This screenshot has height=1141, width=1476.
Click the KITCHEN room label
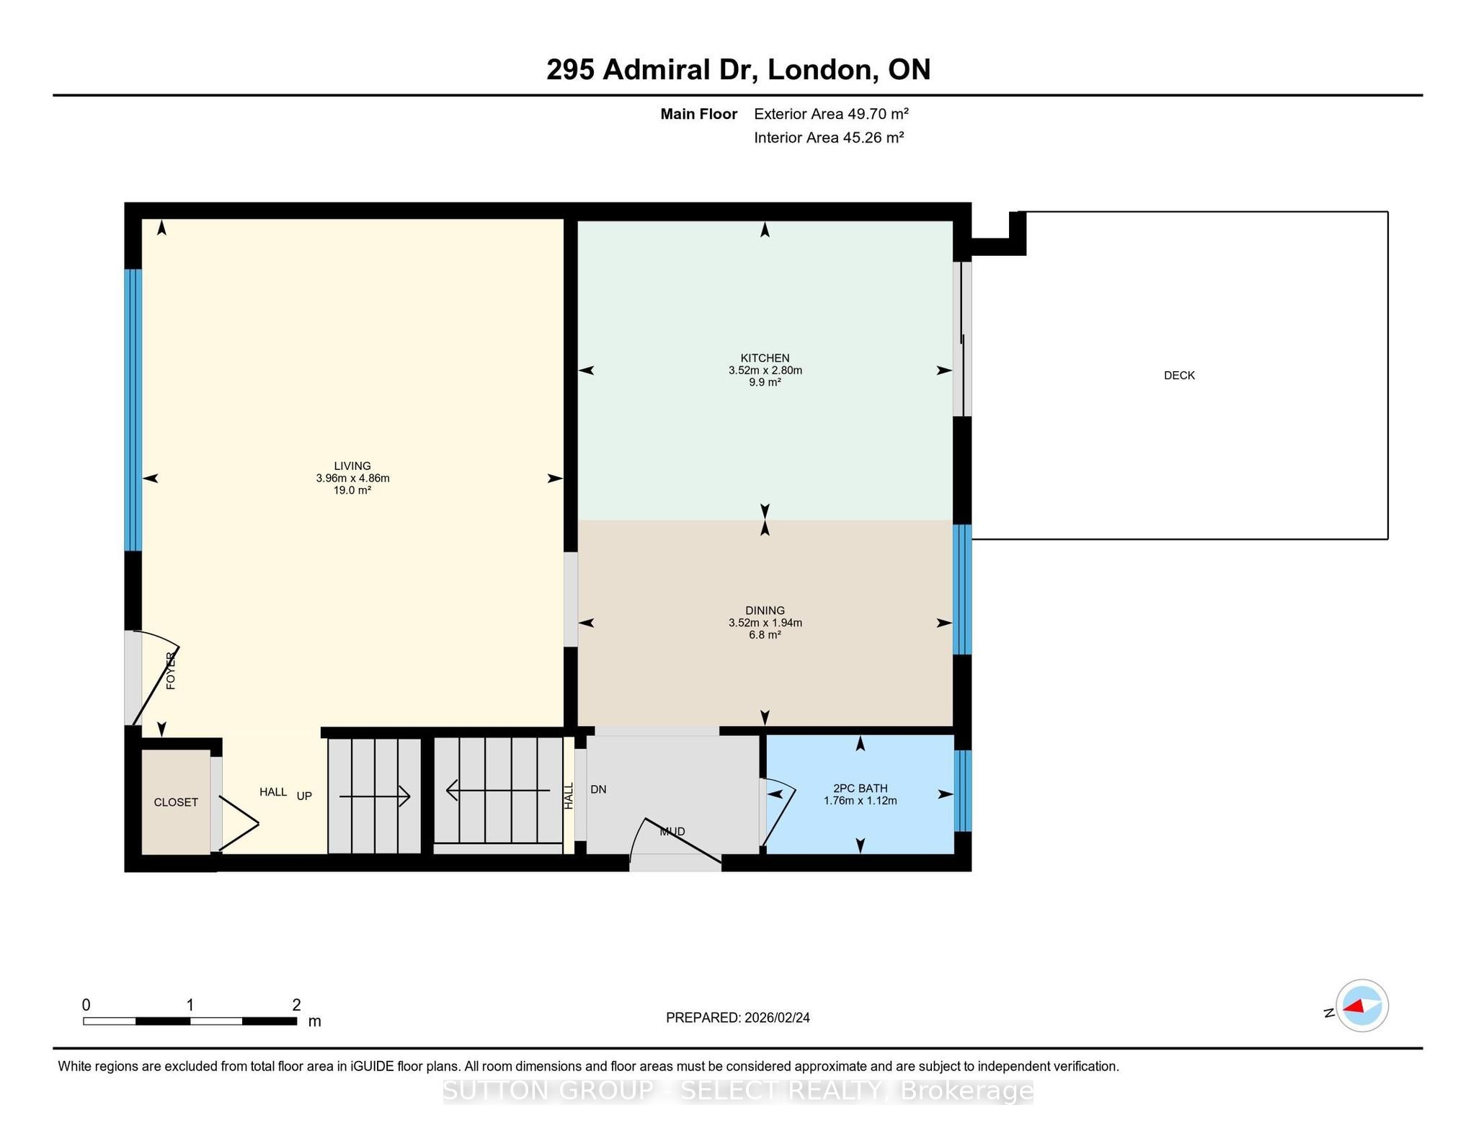pos(765,358)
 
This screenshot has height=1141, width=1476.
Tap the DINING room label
pos(765,611)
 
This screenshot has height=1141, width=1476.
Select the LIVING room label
pos(352,466)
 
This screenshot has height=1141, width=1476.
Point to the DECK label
pos(1179,376)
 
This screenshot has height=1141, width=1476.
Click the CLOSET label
pos(176,802)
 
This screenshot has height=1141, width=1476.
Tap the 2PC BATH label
pos(860,789)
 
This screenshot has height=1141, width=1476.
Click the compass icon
pos(1362,1006)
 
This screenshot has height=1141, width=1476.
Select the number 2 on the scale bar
pos(296,1005)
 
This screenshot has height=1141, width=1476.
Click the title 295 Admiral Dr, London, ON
pos(738,70)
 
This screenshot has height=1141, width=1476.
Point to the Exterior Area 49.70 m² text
pos(831,114)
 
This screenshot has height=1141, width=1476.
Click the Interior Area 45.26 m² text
pos(829,138)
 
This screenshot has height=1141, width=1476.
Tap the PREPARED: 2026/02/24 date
pos(738,1018)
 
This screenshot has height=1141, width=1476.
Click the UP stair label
pos(304,796)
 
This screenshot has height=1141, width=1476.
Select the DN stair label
pos(598,789)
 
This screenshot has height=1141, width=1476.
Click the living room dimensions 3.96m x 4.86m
pos(352,479)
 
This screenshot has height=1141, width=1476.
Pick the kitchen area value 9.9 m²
pos(765,382)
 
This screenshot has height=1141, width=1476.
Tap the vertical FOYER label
pos(171,671)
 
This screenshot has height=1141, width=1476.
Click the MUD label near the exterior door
pos(672,832)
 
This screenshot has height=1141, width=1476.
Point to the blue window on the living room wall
pos(133,410)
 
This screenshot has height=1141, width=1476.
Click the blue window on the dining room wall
pos(962,590)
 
